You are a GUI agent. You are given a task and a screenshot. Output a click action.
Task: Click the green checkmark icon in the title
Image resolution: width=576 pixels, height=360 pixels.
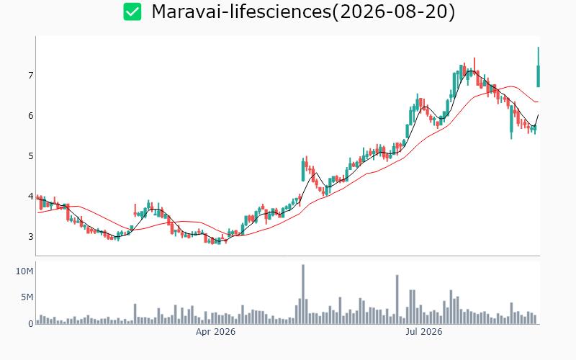point(132,12)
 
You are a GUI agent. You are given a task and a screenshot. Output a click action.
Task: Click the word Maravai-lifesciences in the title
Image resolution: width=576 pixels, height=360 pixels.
point(241,12)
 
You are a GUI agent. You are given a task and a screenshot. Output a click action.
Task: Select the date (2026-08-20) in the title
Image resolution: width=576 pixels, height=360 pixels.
point(393,12)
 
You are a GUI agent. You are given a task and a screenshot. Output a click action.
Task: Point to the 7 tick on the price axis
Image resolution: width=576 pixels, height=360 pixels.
point(30,76)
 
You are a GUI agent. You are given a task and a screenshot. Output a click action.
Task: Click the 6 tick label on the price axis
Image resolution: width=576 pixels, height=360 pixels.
point(30,116)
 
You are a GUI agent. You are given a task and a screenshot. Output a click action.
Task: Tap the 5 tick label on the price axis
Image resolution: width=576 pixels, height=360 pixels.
point(30,156)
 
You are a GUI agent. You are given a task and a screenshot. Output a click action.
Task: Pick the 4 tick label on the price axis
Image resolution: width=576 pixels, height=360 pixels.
point(30,196)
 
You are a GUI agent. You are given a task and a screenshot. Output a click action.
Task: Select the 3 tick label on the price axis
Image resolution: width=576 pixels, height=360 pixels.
point(30,237)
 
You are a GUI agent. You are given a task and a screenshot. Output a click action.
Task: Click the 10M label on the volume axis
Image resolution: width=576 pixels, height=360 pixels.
point(24,271)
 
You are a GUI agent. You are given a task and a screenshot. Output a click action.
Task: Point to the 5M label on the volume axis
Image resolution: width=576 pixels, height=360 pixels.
point(27,297)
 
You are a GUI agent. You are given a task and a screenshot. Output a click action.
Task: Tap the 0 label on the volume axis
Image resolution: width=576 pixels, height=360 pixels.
point(31,323)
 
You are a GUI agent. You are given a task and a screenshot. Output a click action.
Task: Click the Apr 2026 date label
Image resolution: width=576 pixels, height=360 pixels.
point(215,332)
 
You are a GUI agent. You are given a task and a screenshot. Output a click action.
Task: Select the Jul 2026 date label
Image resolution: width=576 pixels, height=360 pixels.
point(423,332)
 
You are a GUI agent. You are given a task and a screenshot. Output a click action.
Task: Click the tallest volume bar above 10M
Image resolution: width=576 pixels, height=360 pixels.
point(303,294)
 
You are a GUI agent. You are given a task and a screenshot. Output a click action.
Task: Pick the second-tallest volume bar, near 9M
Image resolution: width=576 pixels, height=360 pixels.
point(397,300)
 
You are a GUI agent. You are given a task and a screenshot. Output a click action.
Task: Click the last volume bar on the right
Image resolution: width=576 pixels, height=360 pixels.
point(535,320)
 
